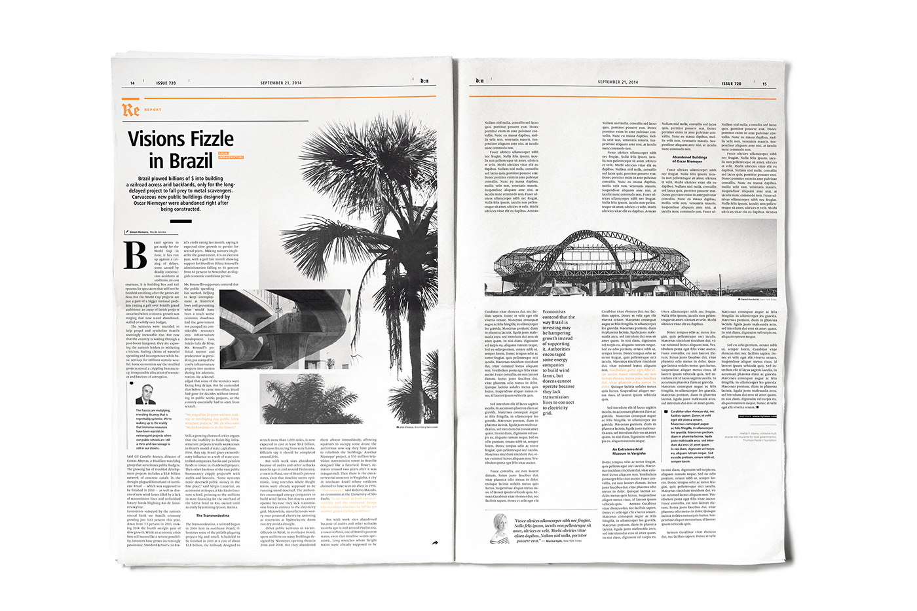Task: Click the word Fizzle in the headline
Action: pos(208,139)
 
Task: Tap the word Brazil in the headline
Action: pos(191,160)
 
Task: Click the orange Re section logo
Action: pos(130,109)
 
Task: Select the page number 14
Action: pos(132,83)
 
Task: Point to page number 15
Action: pos(764,84)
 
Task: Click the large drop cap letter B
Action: pos(136,255)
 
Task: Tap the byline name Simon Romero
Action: pos(138,232)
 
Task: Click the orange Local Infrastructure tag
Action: pos(231,156)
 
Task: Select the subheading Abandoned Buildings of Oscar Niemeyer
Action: pos(689,159)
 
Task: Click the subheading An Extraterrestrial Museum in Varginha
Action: pos(627,451)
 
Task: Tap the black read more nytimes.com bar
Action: pos(757,416)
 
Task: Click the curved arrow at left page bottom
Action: pos(434,542)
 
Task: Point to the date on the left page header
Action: pos(281,83)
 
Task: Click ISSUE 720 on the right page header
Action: pos(731,84)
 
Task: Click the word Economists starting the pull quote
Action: pos(554,312)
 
